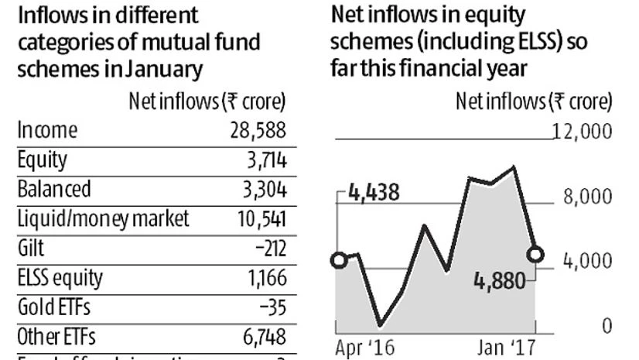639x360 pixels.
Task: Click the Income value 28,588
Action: coord(254,131)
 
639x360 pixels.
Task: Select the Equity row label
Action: coord(43,160)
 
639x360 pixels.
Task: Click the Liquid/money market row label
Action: coord(103,218)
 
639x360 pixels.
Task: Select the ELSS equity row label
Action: coord(60,276)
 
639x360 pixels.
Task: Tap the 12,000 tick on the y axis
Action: coord(582,132)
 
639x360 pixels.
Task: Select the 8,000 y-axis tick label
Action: coord(587,197)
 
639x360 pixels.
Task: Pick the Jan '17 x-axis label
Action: coord(504,347)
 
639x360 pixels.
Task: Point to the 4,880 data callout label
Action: coord(499,279)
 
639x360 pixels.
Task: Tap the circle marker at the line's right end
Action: coord(535,254)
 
